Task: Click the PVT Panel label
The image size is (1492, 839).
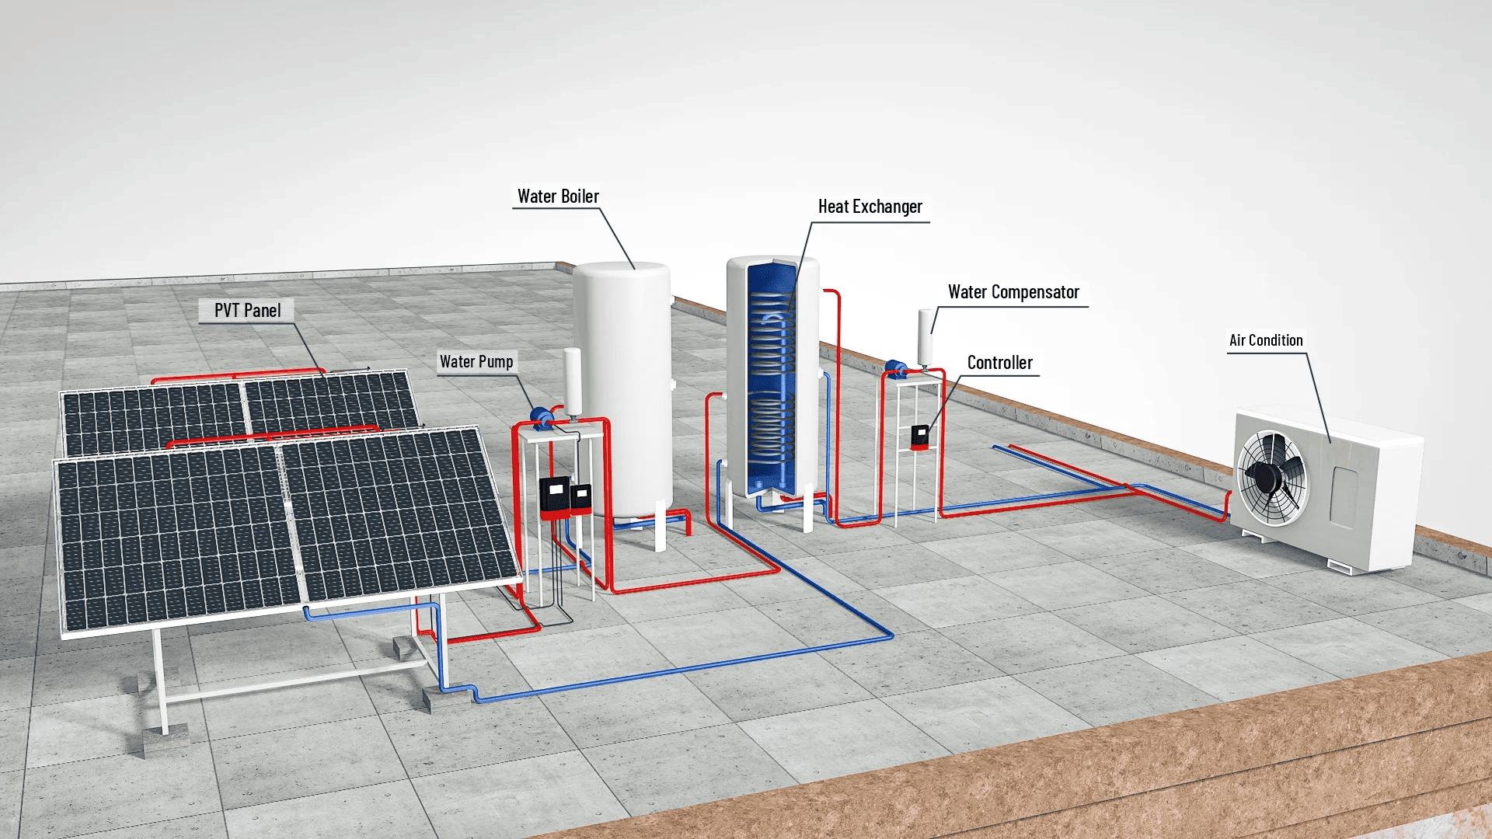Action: coord(247,311)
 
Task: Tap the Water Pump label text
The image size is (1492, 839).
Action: coord(476,362)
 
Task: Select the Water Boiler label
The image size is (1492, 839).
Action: coord(558,197)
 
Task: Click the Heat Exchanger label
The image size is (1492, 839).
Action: coord(870,207)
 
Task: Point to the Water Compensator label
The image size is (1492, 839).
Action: coord(1013,292)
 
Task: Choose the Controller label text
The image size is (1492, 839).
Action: coord(999,363)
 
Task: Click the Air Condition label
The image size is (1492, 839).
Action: coord(1266,340)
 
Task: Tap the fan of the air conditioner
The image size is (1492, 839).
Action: coord(1271,476)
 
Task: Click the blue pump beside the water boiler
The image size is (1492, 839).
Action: coord(542,417)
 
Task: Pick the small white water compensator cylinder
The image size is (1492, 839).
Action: coord(926,336)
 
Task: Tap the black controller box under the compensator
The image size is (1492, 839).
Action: coord(919,437)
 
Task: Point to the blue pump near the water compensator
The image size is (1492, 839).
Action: coord(895,367)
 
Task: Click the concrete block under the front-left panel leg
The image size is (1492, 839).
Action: coord(165,738)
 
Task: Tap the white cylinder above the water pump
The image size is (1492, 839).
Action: coord(573,381)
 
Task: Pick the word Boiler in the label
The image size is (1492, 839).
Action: coord(580,197)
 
